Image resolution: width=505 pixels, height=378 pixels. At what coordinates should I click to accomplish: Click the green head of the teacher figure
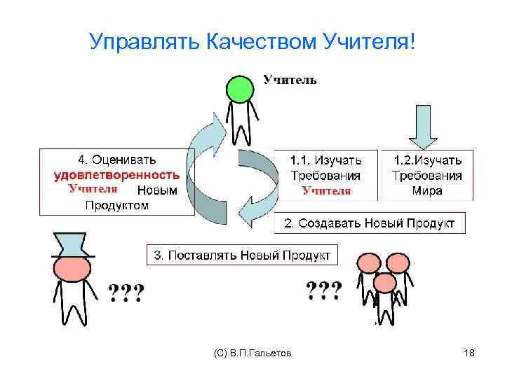239,89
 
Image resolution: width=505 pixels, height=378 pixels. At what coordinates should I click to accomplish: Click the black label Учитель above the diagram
290,80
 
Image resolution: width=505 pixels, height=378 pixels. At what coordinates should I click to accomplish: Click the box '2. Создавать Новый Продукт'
369,223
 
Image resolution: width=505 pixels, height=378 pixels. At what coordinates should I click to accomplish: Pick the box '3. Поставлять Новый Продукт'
242,255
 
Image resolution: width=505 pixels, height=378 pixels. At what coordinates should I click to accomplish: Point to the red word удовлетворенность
116,175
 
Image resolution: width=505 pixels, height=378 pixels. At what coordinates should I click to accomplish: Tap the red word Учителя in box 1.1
325,190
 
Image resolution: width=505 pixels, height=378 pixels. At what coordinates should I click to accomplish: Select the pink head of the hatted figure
72,269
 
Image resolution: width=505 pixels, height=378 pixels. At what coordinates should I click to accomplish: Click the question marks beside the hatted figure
126,293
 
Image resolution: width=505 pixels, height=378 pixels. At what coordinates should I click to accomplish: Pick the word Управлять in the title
146,43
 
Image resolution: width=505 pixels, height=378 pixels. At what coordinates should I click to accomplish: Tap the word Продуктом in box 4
116,205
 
